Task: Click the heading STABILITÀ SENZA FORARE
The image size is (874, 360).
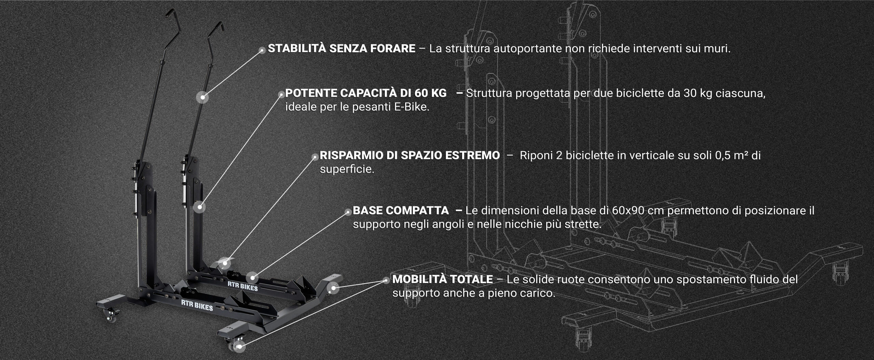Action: point(341,49)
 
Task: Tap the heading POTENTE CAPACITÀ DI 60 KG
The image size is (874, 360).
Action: point(366,93)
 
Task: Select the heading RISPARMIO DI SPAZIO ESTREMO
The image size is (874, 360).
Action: point(410,155)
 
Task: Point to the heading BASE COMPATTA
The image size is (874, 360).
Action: point(401,210)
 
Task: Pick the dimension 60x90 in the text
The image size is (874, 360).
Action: point(628,210)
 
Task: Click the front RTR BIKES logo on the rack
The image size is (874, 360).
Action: point(197,306)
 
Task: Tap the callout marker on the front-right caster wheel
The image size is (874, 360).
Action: point(240,347)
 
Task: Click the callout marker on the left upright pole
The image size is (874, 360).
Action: point(202,97)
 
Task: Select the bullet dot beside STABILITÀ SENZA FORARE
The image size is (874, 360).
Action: point(262,50)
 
